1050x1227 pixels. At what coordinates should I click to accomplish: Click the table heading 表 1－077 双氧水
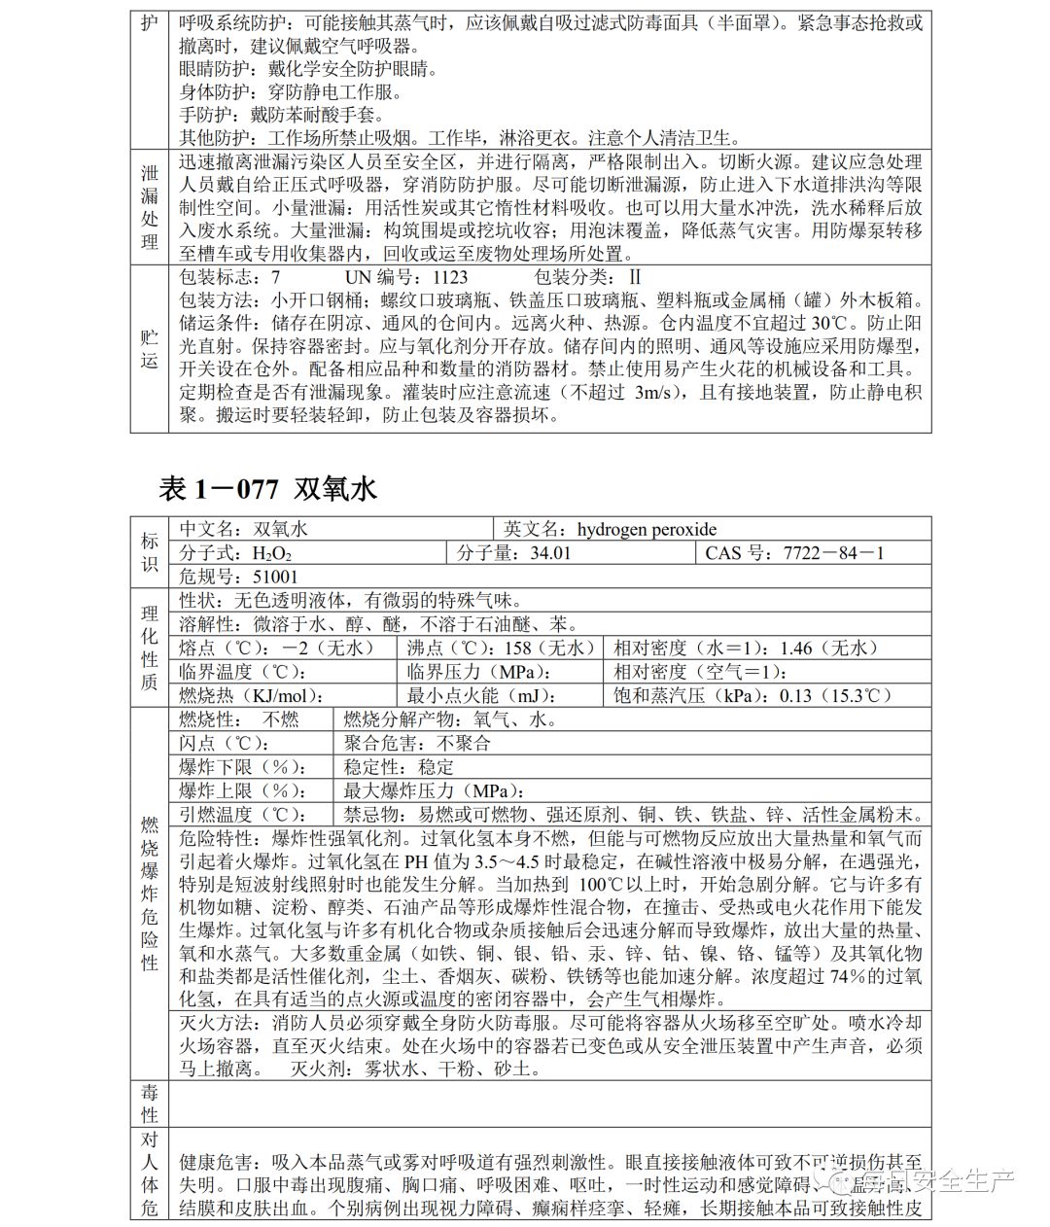tap(267, 488)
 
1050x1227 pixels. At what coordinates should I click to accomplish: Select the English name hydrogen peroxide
tap(647, 529)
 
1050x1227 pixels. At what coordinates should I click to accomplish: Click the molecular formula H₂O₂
tap(271, 554)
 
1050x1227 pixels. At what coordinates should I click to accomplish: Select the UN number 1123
tap(449, 277)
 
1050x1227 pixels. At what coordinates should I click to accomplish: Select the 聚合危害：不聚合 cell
tap(418, 744)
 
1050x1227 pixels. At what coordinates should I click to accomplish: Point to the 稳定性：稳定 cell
tap(399, 767)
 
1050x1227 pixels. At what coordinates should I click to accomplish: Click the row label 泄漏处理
tap(149, 207)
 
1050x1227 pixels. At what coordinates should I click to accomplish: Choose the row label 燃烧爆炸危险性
tap(149, 894)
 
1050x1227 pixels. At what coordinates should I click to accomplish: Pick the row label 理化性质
tap(149, 648)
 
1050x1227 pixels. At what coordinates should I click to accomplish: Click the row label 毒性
tap(149, 1104)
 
